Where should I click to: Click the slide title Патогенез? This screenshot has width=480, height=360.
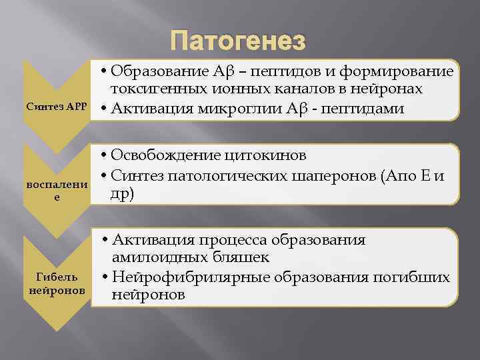(x=238, y=42)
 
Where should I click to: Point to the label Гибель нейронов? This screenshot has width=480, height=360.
(x=57, y=283)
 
